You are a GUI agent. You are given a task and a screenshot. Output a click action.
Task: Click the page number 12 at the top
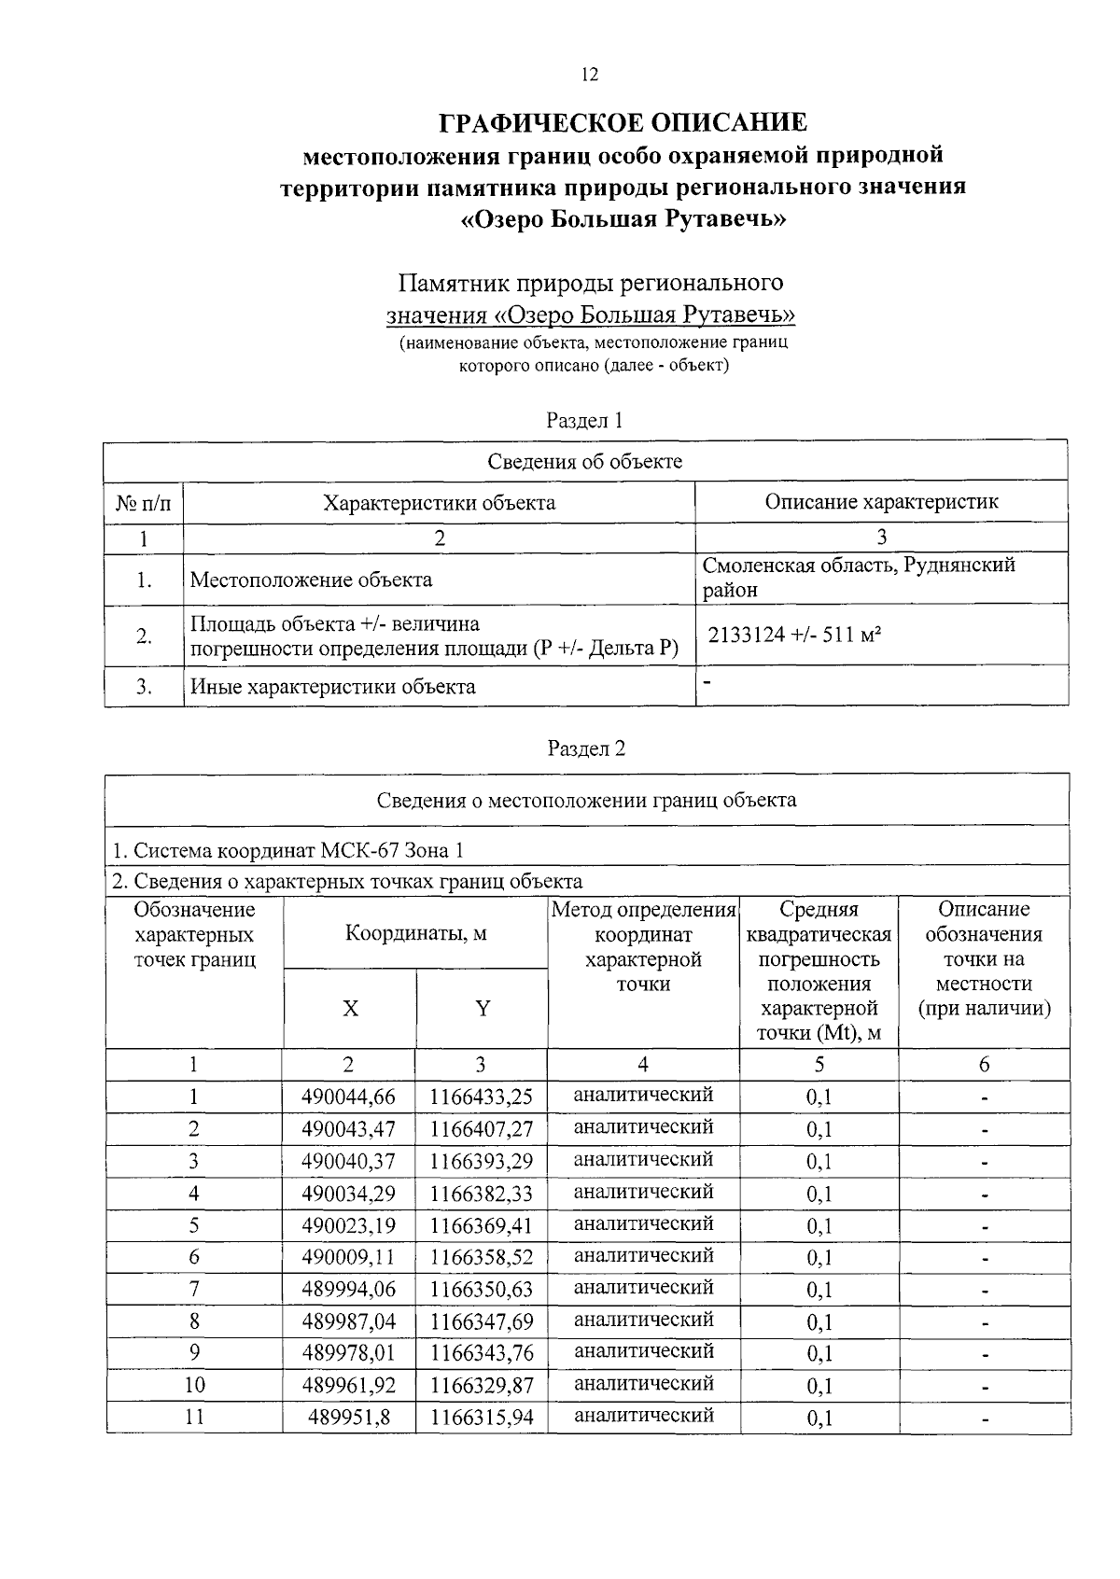(x=588, y=76)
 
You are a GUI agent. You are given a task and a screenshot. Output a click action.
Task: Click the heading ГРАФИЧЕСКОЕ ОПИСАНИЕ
(x=623, y=123)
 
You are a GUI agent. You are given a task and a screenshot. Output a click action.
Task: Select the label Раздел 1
(x=584, y=421)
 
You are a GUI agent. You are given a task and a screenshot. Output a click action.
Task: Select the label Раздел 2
(x=586, y=748)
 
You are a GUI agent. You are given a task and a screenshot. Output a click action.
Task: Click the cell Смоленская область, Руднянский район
(x=858, y=578)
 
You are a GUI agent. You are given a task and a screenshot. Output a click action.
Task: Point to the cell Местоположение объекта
(x=311, y=580)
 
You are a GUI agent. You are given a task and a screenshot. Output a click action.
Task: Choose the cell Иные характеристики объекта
(x=333, y=688)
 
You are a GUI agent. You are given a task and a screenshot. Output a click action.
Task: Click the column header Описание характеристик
(x=881, y=502)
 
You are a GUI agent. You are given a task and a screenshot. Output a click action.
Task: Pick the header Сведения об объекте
(x=585, y=461)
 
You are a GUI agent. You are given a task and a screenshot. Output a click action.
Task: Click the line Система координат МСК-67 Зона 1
(x=287, y=850)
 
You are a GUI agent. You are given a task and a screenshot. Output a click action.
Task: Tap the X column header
(x=350, y=1009)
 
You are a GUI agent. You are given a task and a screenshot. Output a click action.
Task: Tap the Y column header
(x=483, y=1009)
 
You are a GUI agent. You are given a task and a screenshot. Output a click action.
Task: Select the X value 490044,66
(x=348, y=1097)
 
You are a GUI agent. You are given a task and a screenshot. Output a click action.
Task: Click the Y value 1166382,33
(x=482, y=1194)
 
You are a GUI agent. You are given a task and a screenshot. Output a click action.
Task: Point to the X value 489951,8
(x=349, y=1418)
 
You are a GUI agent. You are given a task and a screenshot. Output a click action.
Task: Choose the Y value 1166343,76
(x=482, y=1353)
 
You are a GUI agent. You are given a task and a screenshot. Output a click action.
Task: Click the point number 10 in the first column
(x=194, y=1385)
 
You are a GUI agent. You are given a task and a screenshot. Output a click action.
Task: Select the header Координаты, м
(x=415, y=933)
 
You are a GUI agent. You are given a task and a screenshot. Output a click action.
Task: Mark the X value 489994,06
(x=348, y=1290)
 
